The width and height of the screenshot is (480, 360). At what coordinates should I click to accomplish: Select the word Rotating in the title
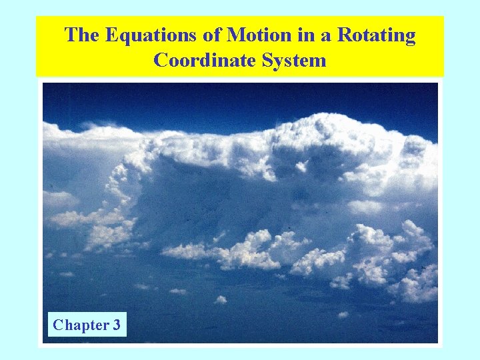point(376,35)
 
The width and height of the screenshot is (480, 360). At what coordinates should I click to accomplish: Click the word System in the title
point(294,61)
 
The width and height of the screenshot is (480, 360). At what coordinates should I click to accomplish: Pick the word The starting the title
point(81,35)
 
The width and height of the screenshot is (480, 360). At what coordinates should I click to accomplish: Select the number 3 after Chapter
point(117,325)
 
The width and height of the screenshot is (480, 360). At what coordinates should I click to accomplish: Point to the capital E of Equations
point(109,35)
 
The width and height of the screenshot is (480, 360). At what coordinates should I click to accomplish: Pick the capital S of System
point(271,61)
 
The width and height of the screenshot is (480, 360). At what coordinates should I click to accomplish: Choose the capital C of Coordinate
point(161,61)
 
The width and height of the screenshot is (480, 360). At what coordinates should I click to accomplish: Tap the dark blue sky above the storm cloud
point(200,100)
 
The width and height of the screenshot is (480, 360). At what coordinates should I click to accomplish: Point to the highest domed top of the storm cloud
point(333,123)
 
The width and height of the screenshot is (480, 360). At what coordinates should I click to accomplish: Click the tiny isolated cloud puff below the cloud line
point(220,299)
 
